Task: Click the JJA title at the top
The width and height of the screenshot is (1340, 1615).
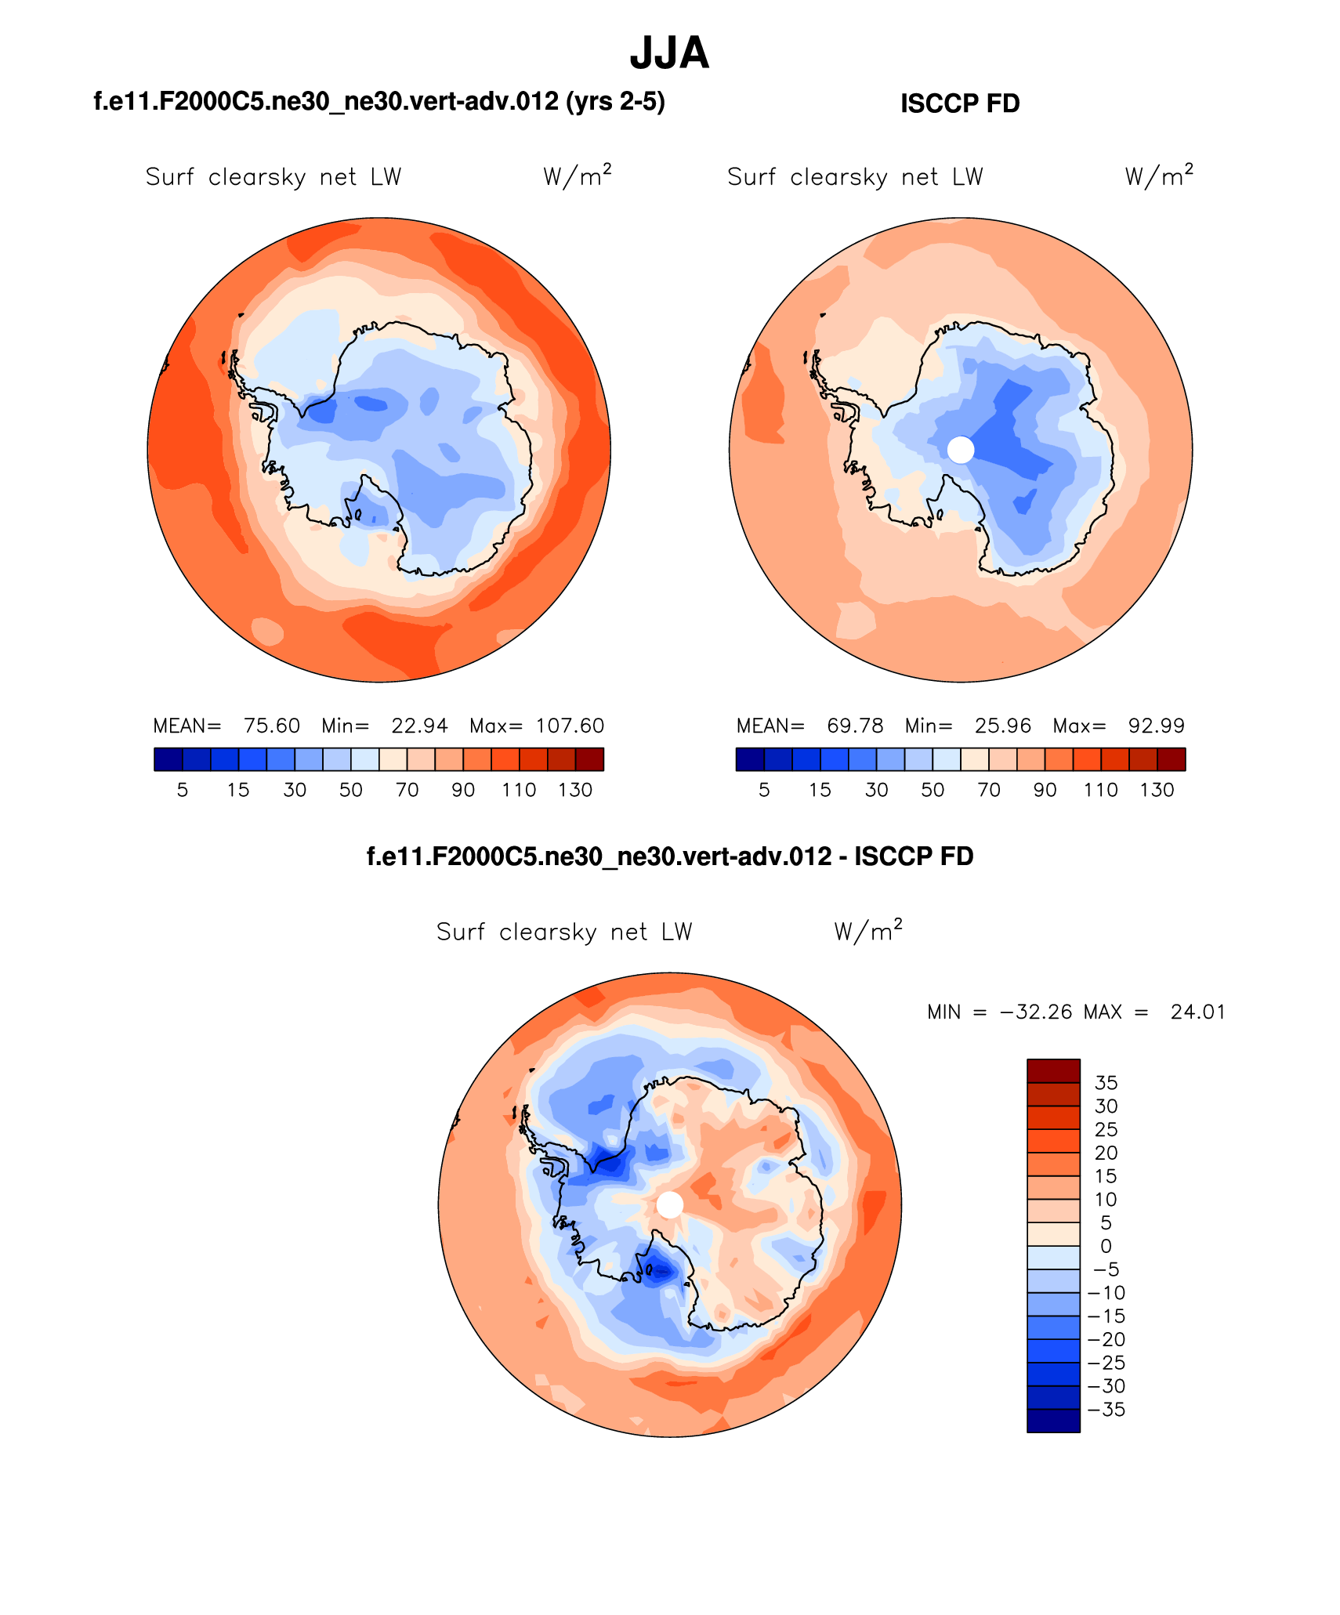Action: click(669, 54)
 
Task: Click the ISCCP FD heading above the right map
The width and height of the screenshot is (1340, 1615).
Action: click(960, 103)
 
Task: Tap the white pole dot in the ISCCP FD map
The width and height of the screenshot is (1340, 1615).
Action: click(961, 450)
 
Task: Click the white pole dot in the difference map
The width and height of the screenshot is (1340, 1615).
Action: click(669, 1204)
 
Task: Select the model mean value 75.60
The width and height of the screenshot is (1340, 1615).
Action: click(272, 726)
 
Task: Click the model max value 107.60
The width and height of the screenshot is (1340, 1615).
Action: click(570, 726)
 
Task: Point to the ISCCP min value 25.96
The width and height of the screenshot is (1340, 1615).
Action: click(1002, 726)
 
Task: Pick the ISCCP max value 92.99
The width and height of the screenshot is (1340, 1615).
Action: click(1156, 726)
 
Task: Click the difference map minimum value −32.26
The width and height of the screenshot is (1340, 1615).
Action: click(1036, 1012)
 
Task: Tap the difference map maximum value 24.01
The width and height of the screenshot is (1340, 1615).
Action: click(1197, 1012)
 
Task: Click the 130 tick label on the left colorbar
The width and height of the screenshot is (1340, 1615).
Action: click(575, 790)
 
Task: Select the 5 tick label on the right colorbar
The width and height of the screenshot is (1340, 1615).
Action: click(764, 790)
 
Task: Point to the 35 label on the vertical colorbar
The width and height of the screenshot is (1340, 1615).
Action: click(1106, 1083)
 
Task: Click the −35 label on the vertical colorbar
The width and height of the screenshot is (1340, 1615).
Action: click(1106, 1410)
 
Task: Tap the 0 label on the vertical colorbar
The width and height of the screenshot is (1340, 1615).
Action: click(1106, 1246)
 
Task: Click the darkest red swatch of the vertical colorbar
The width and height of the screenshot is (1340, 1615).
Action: click(1053, 1071)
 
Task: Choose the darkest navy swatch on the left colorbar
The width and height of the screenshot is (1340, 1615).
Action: click(168, 759)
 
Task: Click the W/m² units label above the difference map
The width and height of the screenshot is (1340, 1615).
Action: click(868, 931)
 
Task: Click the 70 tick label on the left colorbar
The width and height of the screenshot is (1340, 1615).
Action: click(407, 790)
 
